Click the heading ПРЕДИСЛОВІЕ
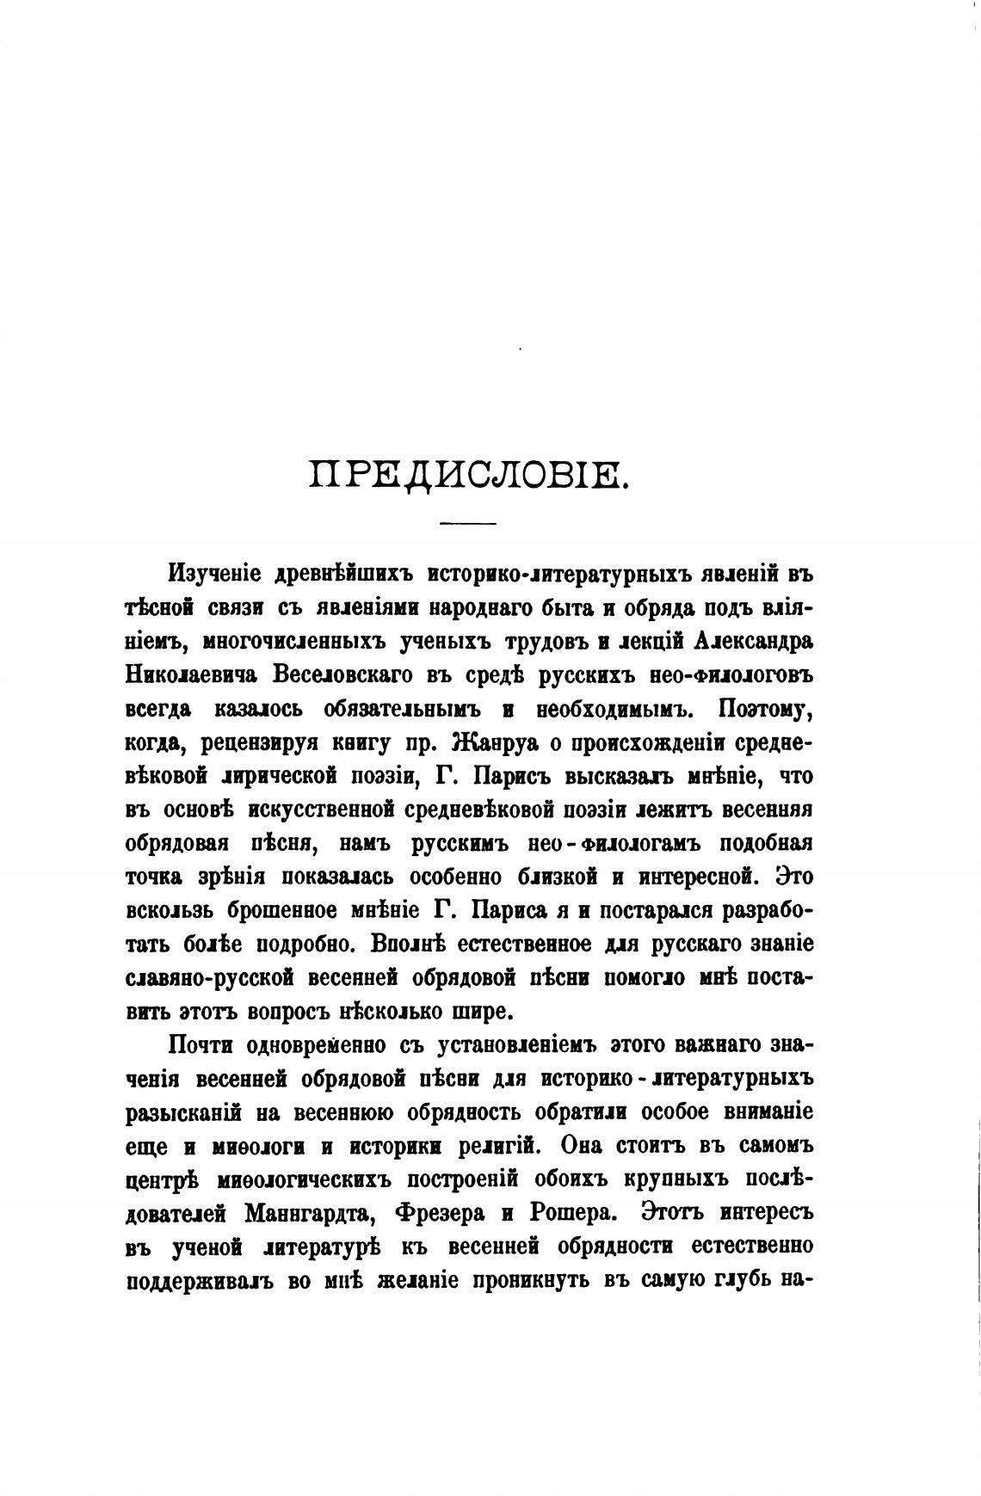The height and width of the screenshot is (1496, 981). [470, 475]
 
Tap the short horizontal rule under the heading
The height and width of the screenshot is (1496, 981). [468, 524]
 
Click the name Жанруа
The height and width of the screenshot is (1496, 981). [501, 742]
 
